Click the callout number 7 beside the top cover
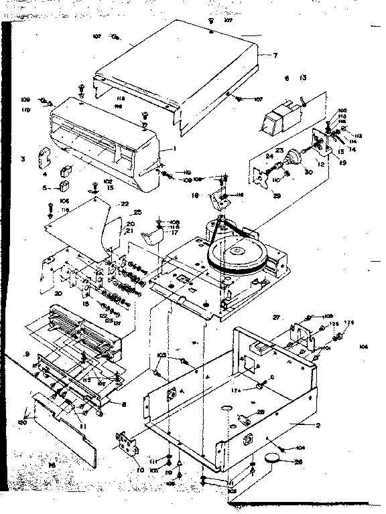pos(275,55)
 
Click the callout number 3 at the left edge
pos(23,159)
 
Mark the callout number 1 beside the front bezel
pos(173,148)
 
